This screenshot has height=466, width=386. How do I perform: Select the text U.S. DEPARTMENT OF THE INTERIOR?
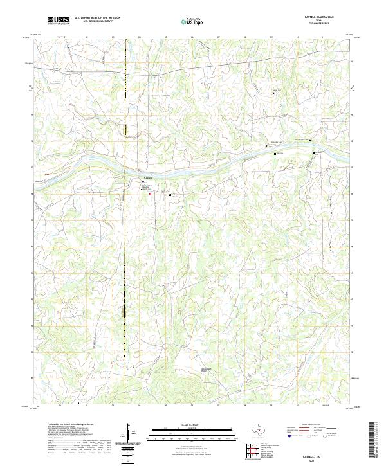[x=97, y=18]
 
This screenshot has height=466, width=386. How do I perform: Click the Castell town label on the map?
[x=147, y=178]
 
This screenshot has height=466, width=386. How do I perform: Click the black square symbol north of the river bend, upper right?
[x=275, y=93]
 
